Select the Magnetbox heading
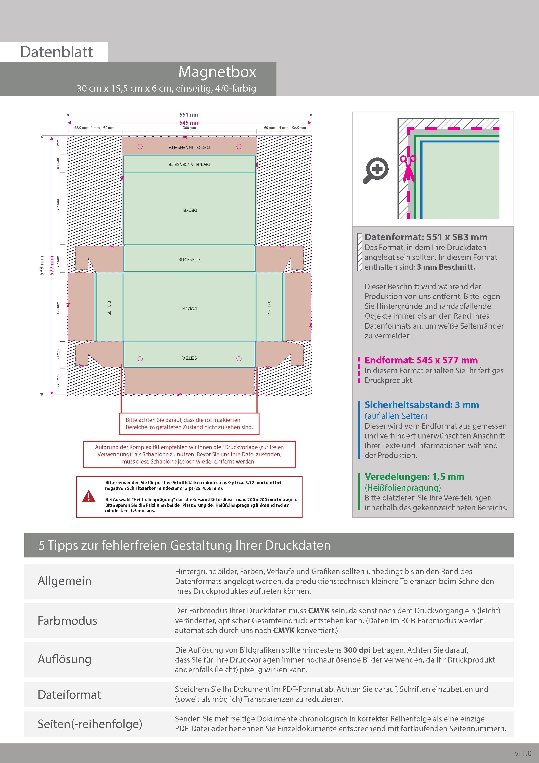coord(217,72)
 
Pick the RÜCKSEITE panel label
coord(189,259)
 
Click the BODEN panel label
coord(189,309)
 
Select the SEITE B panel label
coord(109,308)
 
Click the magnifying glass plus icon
coord(376,170)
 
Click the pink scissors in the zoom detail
coord(408,168)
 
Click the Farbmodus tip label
coord(67,621)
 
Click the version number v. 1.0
coord(523,753)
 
